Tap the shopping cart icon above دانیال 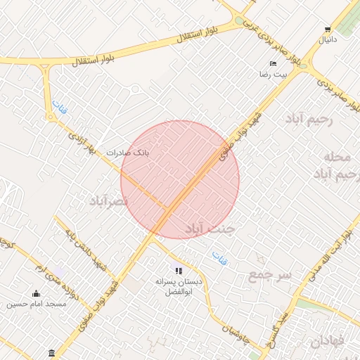pyautogui.click(x=328, y=30)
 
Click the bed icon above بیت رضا pyautogui.click(x=273, y=63)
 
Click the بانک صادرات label pyautogui.click(x=128, y=152)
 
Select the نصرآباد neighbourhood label pyautogui.click(x=110, y=202)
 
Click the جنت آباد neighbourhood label pyautogui.click(x=209, y=229)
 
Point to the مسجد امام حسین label pyautogui.click(x=37, y=304)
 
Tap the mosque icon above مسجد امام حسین pyautogui.click(x=37, y=294)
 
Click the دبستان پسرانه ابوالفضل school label pyautogui.click(x=179, y=286)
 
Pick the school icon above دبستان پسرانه pyautogui.click(x=179, y=270)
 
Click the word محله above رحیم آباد pyautogui.click(x=337, y=155)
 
